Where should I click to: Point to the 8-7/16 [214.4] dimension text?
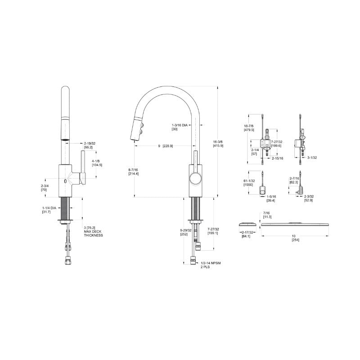[134, 171]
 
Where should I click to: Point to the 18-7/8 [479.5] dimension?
[249, 127]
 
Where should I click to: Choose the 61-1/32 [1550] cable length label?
[249, 183]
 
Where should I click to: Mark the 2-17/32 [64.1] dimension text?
[248, 234]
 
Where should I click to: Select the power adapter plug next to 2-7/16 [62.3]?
[299, 189]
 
